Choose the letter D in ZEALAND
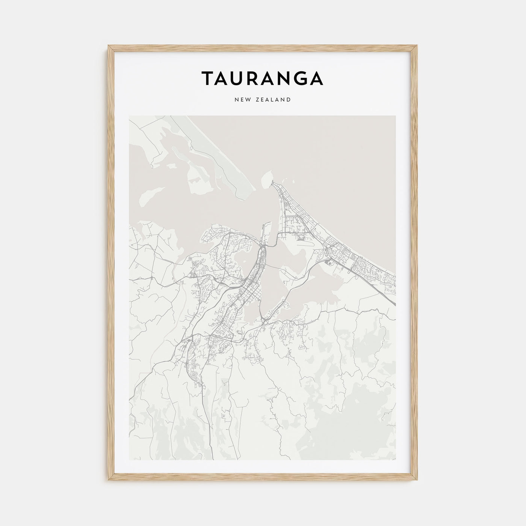tap(289, 100)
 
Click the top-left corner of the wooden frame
tap(108, 46)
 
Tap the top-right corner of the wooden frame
tap(418, 46)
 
